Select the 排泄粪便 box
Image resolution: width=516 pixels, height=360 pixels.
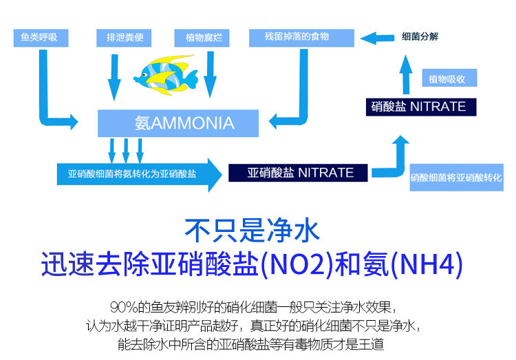click(x=125, y=36)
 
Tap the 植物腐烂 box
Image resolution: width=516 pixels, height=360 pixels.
click(x=203, y=36)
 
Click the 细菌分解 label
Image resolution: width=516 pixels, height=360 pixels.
click(x=420, y=36)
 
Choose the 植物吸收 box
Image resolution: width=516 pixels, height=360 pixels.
click(x=447, y=79)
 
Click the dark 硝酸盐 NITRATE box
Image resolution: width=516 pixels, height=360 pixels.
click(x=418, y=107)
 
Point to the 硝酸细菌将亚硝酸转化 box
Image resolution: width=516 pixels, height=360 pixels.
click(x=457, y=177)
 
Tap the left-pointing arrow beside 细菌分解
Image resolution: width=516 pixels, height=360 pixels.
click(x=377, y=37)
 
